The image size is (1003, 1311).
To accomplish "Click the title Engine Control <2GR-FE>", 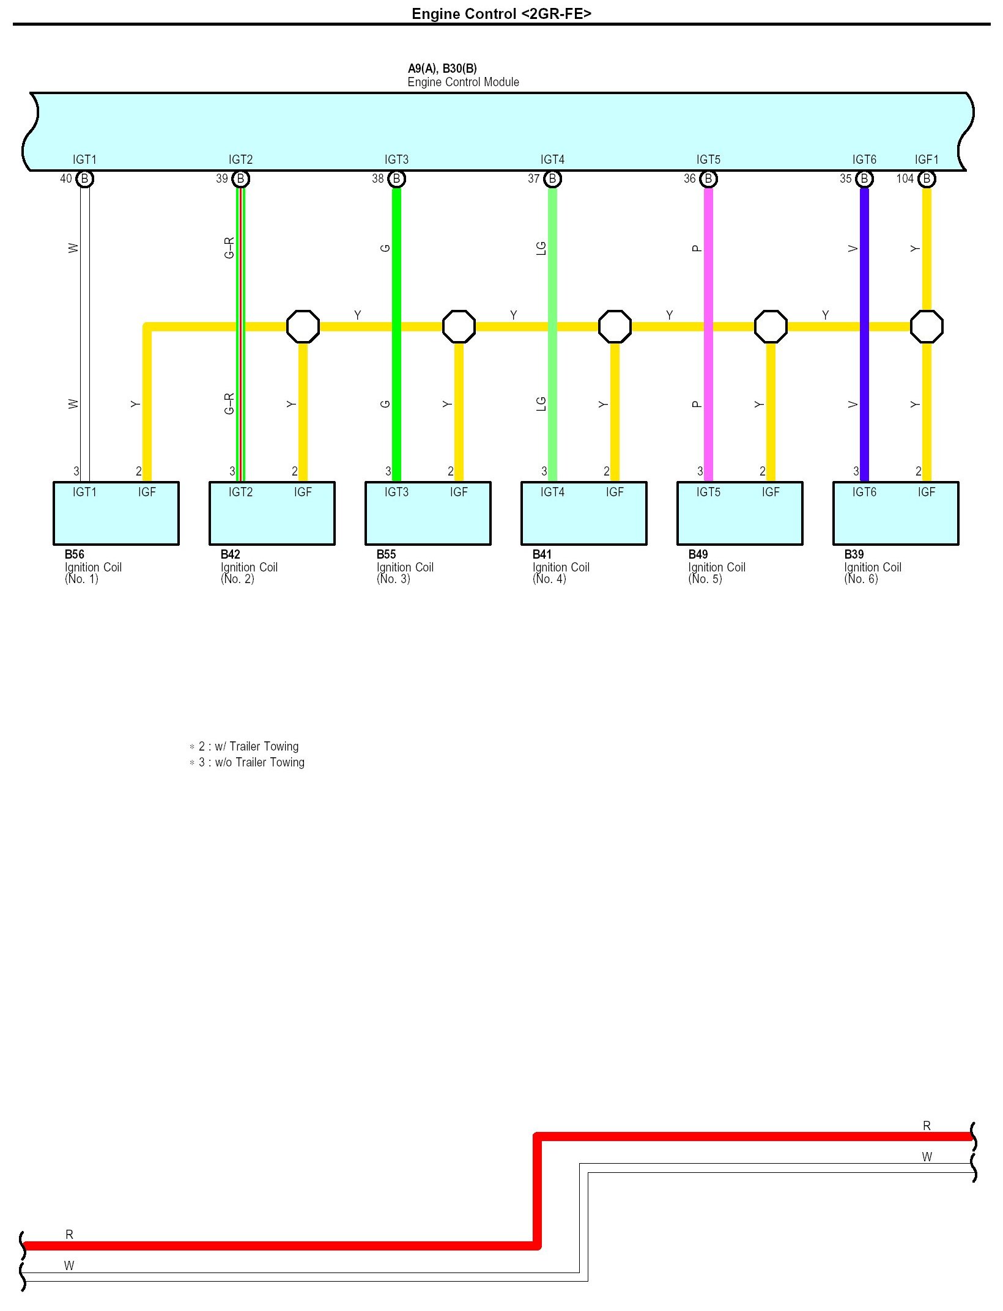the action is click(501, 13).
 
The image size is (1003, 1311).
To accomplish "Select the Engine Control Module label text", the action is click(463, 83).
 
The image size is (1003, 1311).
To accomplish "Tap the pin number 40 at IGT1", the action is click(66, 178).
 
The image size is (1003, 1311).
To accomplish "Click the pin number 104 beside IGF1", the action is click(905, 178).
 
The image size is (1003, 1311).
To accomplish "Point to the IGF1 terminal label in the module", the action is click(926, 160).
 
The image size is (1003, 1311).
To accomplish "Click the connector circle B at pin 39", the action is click(241, 178).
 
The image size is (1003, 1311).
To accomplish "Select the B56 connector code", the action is click(75, 554).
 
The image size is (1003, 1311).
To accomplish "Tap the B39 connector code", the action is click(854, 554).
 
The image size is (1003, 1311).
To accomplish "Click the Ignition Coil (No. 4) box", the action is click(583, 513).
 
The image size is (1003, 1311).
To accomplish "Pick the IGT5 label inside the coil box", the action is click(708, 492).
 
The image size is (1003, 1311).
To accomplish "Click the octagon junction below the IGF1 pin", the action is click(927, 326).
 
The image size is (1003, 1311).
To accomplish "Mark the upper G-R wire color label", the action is click(229, 248).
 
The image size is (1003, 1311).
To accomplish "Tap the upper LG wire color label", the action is click(541, 248).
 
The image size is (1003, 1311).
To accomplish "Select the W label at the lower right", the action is click(927, 1156).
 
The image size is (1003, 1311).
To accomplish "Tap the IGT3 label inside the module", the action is click(396, 160).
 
